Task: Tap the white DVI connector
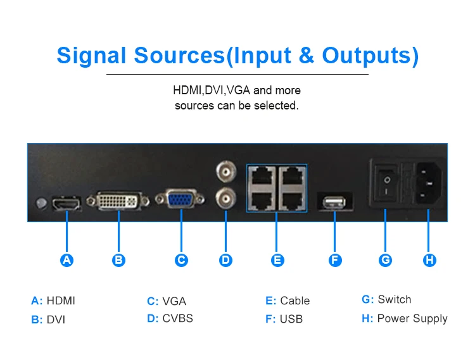point(118,201)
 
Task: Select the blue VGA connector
point(180,200)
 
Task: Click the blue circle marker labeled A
point(67,259)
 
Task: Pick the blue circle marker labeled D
point(226,259)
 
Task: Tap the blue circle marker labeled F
point(335,259)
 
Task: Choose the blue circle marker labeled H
point(429,259)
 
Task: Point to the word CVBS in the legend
point(178,318)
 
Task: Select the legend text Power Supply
point(412,318)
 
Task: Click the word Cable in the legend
point(295,301)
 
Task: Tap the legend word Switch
point(395,299)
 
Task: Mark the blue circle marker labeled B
point(118,259)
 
